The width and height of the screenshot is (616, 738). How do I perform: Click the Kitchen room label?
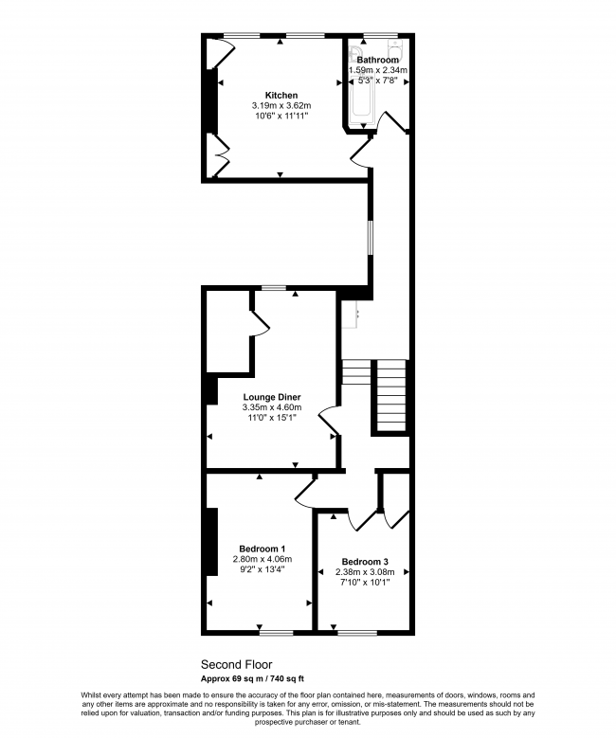(281, 96)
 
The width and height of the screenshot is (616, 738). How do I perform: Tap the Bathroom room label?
(378, 60)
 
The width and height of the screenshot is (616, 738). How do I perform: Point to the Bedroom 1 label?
(263, 549)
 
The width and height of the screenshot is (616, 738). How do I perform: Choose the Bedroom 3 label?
(365, 561)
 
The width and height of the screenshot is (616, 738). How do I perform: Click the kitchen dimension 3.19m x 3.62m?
(281, 106)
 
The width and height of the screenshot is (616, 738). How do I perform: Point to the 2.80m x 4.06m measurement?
(263, 560)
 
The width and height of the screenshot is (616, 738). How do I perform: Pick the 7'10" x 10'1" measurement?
(365, 582)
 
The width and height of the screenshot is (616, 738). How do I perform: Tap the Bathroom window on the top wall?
(379, 35)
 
